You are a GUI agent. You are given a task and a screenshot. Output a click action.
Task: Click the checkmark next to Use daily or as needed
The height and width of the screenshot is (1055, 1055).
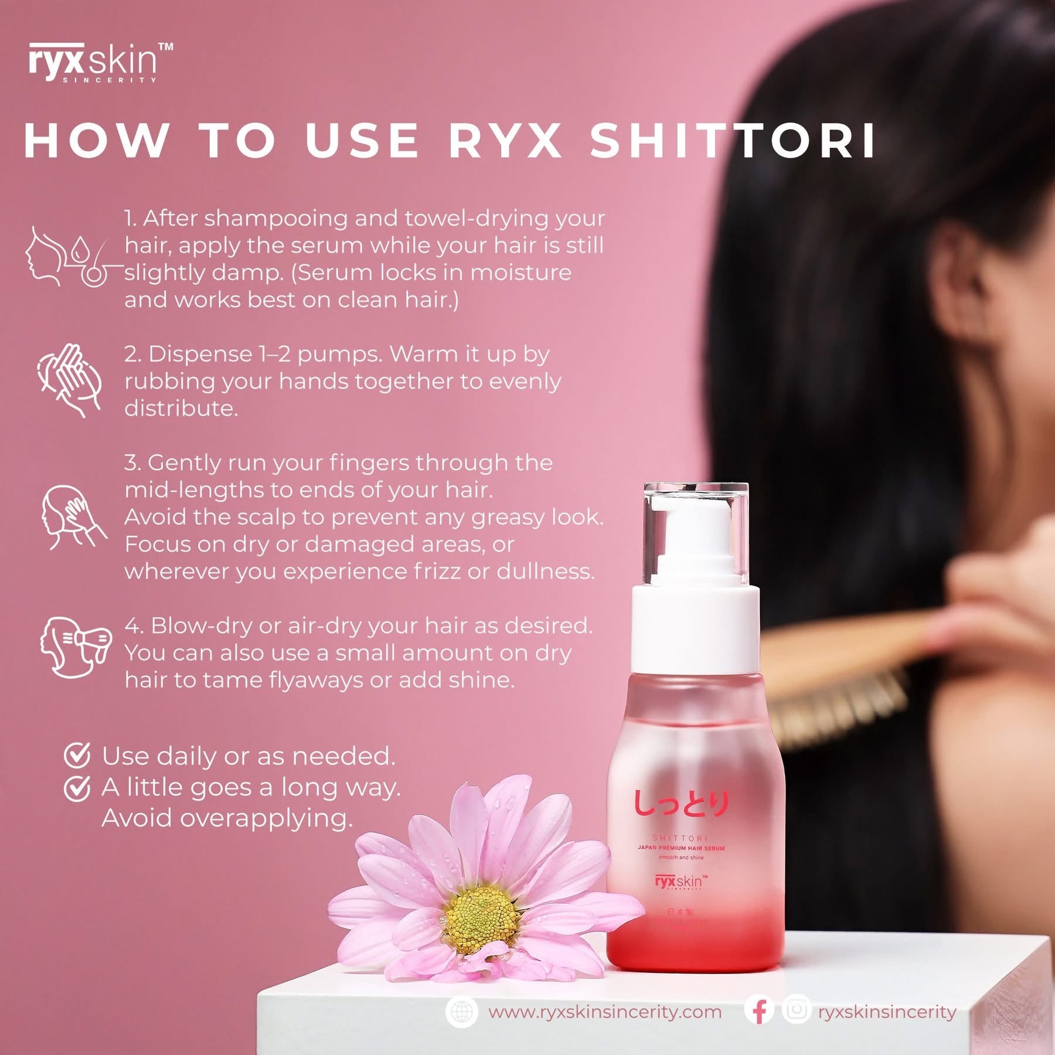(77, 755)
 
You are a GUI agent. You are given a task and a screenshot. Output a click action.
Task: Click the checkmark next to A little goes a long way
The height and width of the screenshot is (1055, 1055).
(77, 788)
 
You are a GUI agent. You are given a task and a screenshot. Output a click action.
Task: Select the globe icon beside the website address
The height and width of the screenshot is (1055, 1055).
(462, 1011)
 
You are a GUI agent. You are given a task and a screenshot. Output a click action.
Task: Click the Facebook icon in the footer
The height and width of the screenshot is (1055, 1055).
(760, 1011)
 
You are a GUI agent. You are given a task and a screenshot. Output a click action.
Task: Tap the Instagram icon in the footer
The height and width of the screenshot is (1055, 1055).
(796, 1010)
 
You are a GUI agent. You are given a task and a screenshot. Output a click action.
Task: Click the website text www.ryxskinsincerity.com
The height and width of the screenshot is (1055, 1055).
(604, 1012)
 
